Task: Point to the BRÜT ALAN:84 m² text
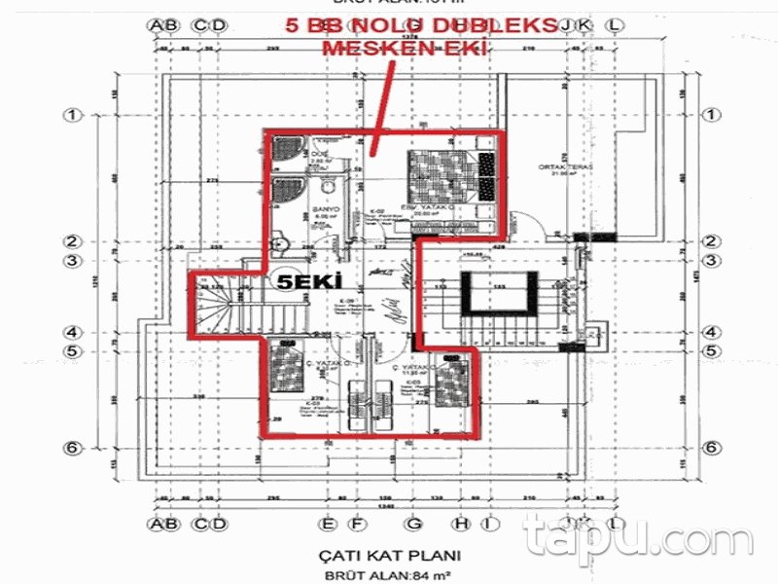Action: (x=389, y=576)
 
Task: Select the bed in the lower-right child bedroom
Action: (x=449, y=382)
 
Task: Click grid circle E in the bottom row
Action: (x=331, y=525)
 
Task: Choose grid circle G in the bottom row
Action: (x=415, y=525)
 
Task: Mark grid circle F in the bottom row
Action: (x=357, y=525)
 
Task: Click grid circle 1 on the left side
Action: (x=71, y=115)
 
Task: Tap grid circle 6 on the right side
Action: (x=711, y=448)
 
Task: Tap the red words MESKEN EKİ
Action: (x=403, y=48)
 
